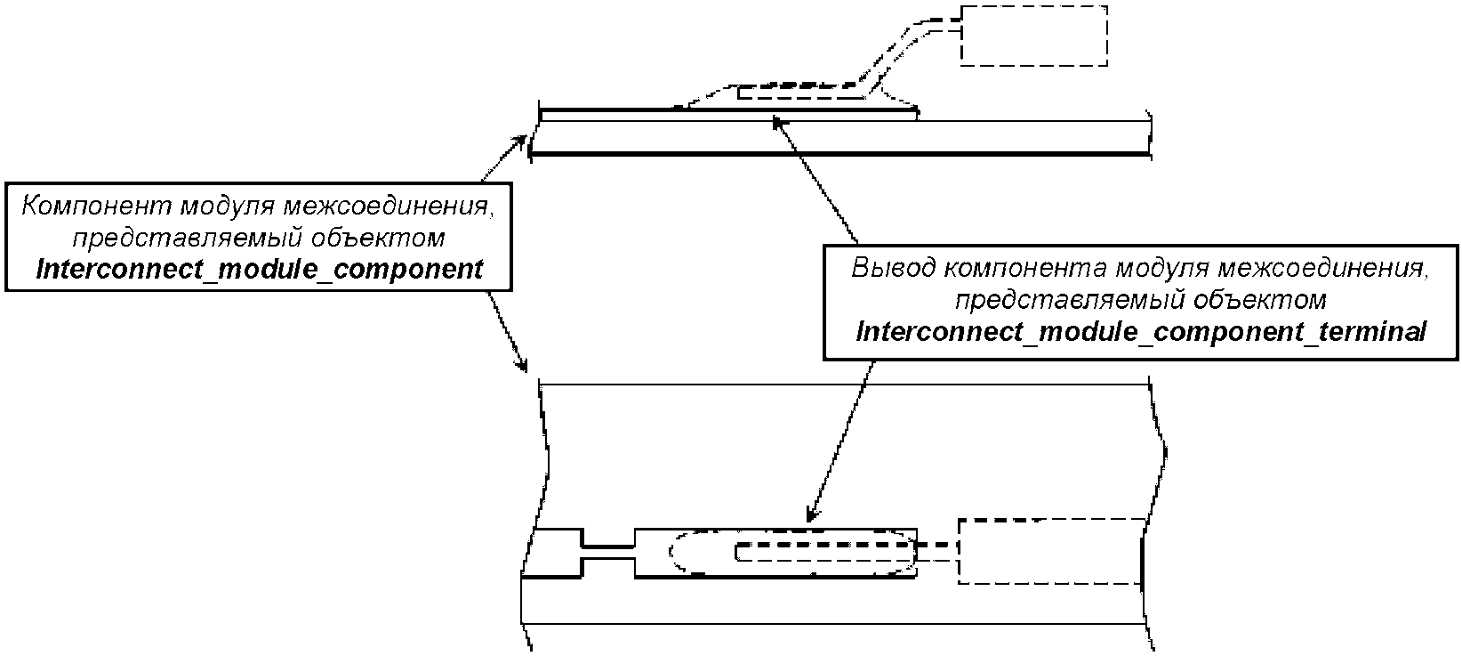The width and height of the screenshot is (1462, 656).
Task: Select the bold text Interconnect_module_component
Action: click(x=260, y=269)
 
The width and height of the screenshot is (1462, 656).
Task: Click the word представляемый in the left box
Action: click(x=186, y=238)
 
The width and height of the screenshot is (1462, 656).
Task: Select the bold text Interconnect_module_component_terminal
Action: click(x=1141, y=332)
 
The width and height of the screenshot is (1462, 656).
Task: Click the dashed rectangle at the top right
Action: click(x=1034, y=36)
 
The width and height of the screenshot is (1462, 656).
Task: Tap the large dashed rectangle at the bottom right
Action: click(x=1051, y=551)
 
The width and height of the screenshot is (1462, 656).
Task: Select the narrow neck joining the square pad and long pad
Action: click(x=608, y=552)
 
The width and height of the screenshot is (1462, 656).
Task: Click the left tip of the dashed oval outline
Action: click(x=669, y=553)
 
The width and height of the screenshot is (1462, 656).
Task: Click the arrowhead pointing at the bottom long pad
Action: click(x=811, y=514)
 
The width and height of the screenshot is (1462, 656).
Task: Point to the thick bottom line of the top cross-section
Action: click(x=839, y=154)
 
